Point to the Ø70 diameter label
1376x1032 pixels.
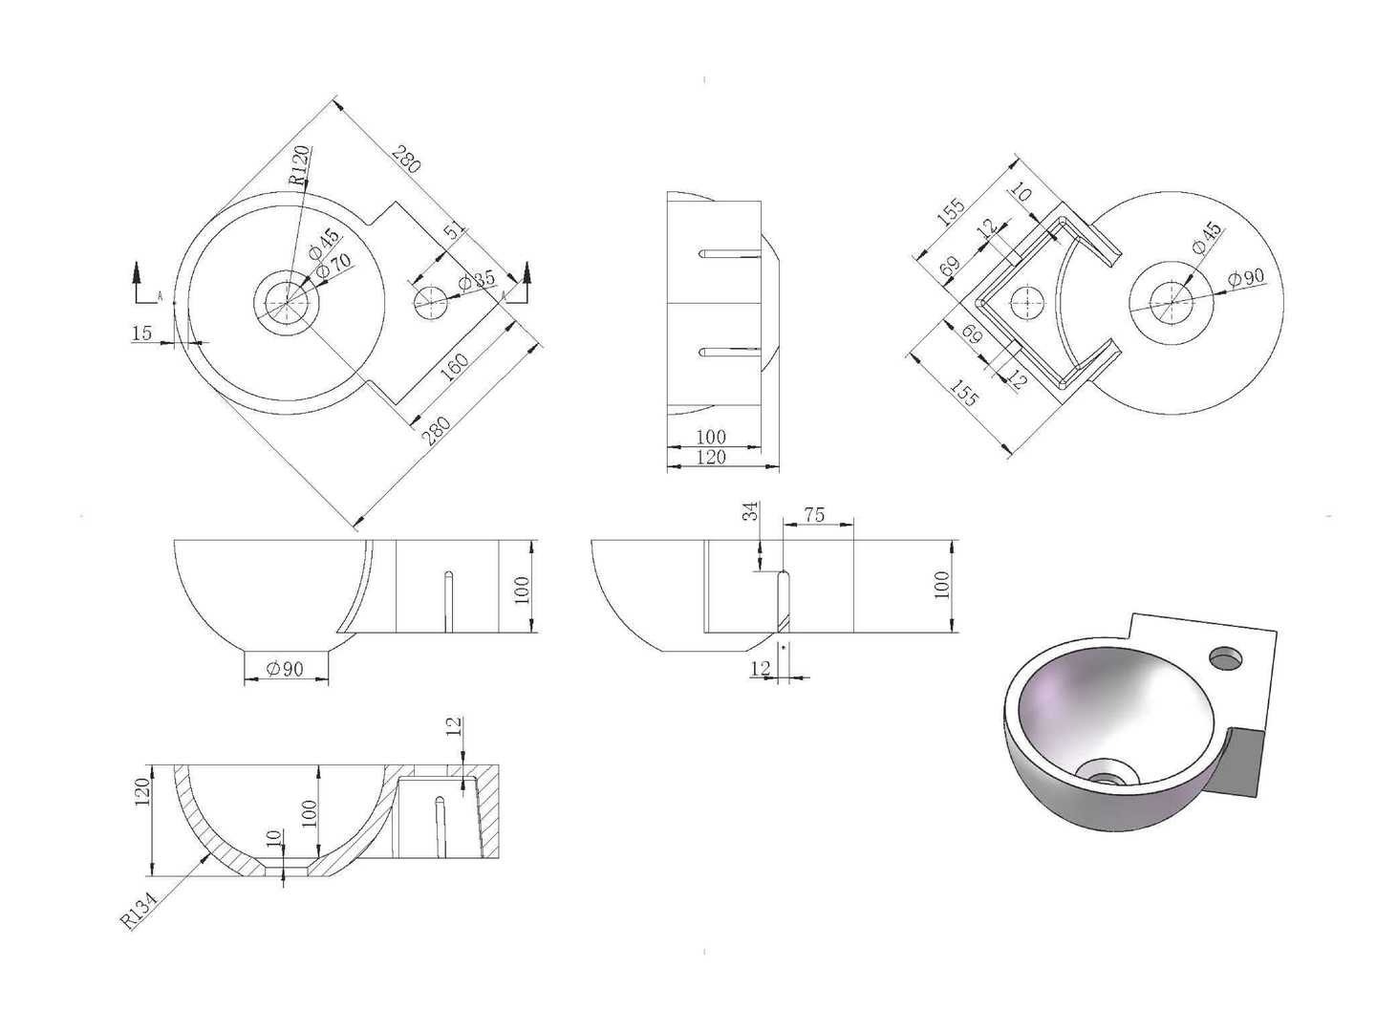[333, 267]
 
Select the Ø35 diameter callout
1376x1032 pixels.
[477, 279]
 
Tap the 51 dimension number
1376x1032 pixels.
[456, 232]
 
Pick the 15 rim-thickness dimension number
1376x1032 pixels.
[142, 333]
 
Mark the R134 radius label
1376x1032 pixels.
[140, 909]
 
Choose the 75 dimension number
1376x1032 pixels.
[814, 514]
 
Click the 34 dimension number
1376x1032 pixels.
[750, 511]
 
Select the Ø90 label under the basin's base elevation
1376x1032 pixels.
[285, 669]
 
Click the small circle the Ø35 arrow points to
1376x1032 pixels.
[431, 302]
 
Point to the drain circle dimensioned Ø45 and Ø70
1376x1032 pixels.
[287, 302]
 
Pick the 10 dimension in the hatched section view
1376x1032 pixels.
[272, 836]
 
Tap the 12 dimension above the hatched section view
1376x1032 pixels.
[456, 725]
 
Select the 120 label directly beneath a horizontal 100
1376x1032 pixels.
[711, 458]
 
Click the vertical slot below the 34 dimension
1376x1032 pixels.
[785, 601]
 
